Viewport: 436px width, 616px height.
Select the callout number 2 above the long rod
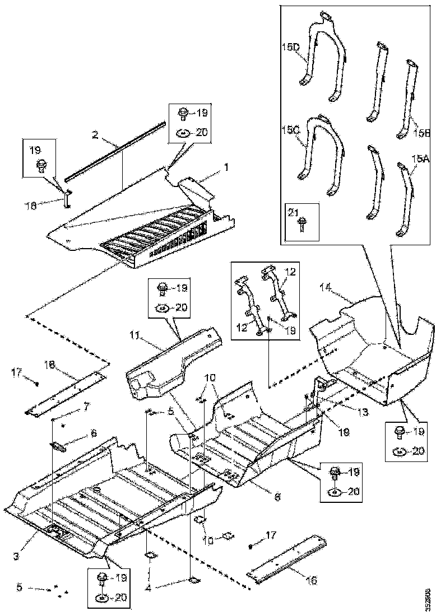pos(95,134)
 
